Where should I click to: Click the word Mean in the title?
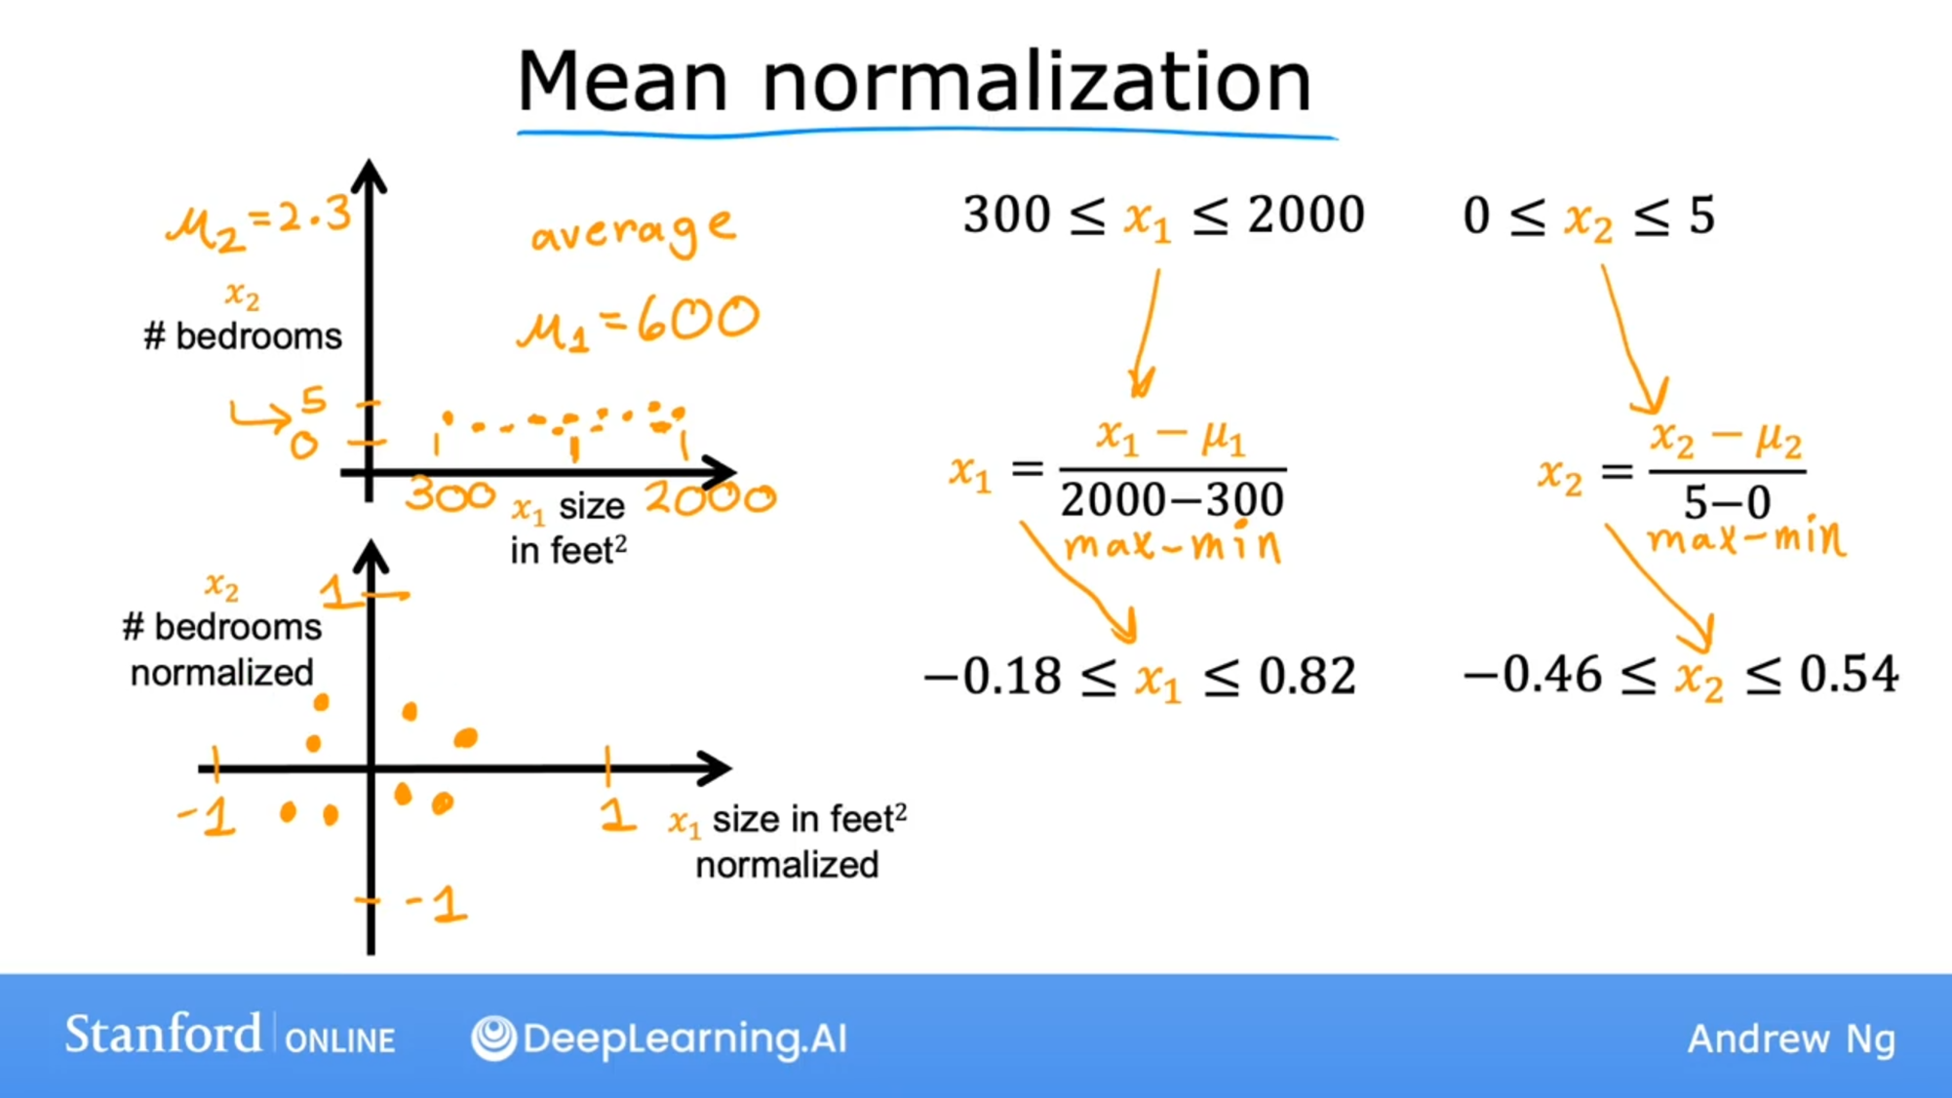[x=622, y=82]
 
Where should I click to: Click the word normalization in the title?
[x=1036, y=82]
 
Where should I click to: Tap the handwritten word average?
[x=634, y=230]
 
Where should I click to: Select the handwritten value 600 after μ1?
[x=698, y=318]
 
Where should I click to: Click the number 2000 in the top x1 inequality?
[x=1307, y=215]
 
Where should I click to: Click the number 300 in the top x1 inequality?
[x=1007, y=215]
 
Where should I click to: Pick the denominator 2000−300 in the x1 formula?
[x=1173, y=500]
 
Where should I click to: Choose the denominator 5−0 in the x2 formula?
[x=1727, y=502]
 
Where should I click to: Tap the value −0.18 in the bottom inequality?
[x=992, y=676]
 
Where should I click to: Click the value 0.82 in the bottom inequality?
[x=1308, y=676]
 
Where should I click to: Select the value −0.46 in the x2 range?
[x=1532, y=674]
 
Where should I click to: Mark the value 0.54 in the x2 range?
[x=1849, y=674]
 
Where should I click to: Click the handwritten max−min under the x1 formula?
[x=1171, y=544]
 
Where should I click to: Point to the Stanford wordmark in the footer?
[x=163, y=1035]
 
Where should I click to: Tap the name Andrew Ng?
[x=1791, y=1039]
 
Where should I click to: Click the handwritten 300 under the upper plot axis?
[x=449, y=495]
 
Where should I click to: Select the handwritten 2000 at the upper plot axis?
[x=710, y=498]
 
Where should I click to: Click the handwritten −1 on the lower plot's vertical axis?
[x=436, y=904]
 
